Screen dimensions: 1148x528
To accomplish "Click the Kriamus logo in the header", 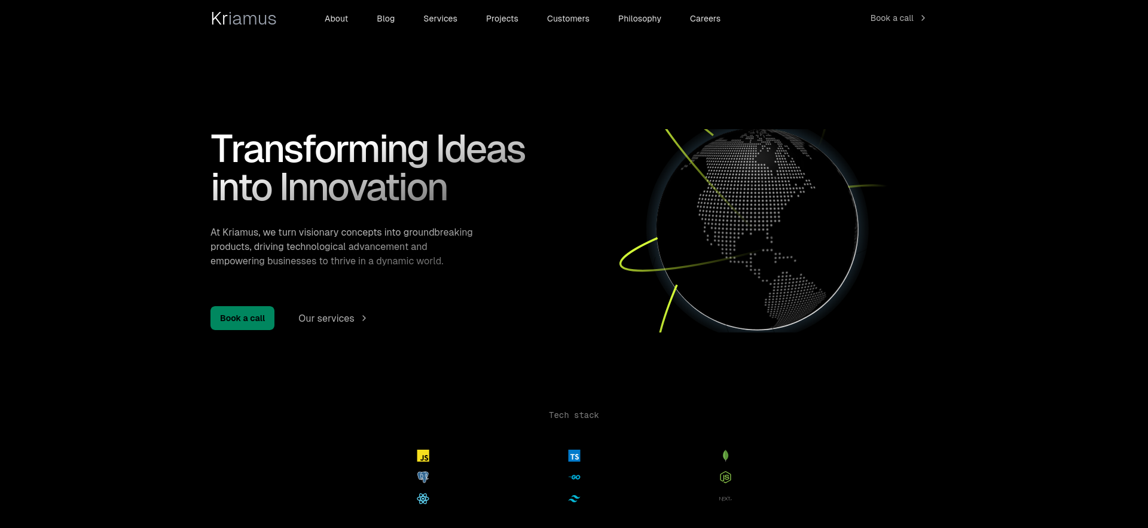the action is tap(243, 19).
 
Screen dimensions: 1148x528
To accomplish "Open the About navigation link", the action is tap(336, 19).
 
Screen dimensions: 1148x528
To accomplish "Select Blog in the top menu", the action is tap(386, 19).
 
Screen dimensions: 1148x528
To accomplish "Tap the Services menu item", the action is tap(440, 19).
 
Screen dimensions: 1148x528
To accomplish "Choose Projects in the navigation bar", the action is tap(502, 19).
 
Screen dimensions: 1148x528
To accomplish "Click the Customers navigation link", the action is tap(568, 19).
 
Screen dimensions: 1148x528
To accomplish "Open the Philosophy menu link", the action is tap(640, 19).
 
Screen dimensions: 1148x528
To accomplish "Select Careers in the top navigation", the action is tap(705, 19).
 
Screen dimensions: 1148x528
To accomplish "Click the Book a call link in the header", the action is tap(897, 18).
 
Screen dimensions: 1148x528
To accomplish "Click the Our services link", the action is tap(332, 318).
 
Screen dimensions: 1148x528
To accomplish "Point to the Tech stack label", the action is tap(574, 415).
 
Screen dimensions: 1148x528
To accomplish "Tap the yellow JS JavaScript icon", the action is tap(423, 456).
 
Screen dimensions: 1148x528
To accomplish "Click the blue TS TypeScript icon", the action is tap(574, 456).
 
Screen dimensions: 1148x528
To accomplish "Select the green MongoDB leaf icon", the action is tap(725, 456).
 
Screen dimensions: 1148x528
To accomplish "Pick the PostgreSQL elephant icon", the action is tap(423, 477).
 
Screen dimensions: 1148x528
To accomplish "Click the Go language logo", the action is tap(574, 477).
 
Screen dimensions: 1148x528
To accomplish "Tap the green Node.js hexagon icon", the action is tap(725, 477).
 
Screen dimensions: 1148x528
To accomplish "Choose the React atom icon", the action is tap(423, 499).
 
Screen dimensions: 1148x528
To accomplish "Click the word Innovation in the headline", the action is tap(364, 188).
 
